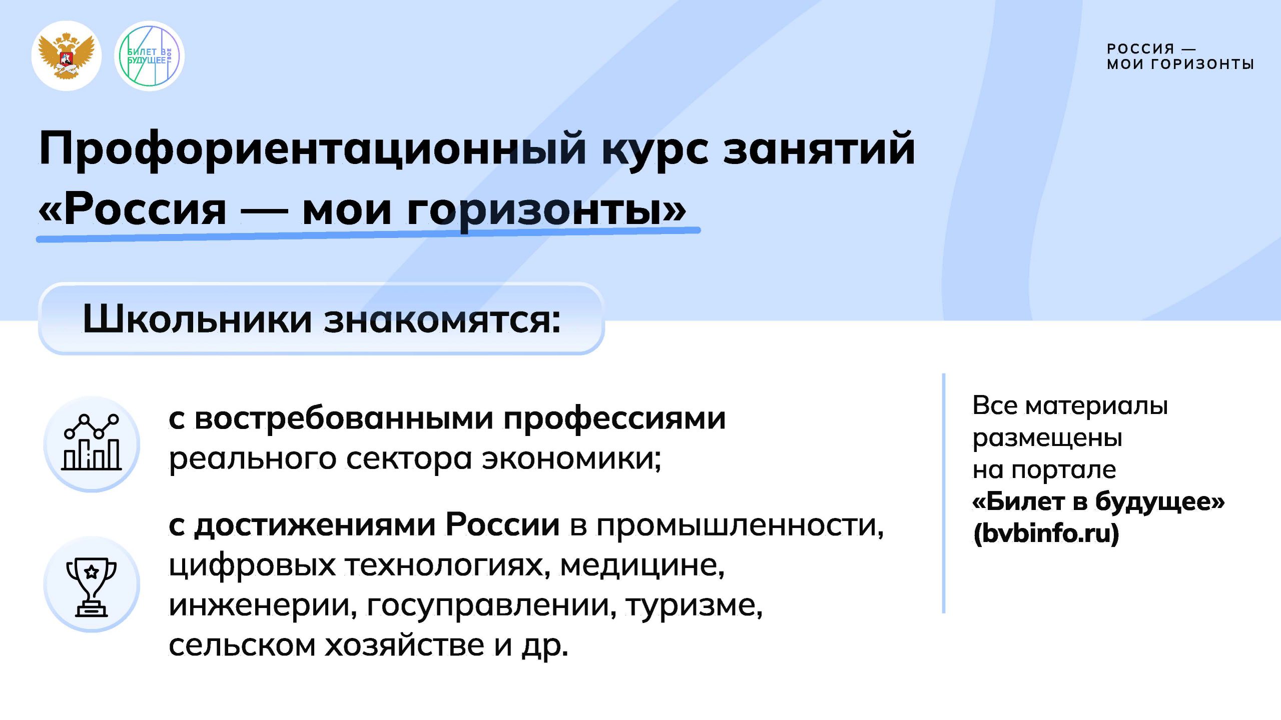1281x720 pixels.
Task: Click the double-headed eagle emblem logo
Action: point(67,55)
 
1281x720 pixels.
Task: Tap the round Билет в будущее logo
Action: point(149,55)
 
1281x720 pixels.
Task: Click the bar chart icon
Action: point(92,442)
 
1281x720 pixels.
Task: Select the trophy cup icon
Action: point(92,586)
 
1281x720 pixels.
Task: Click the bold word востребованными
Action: point(344,418)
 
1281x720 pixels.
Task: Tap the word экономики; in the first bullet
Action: point(571,459)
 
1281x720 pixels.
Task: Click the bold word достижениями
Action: point(315,526)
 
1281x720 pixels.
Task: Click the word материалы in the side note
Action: point(1096,406)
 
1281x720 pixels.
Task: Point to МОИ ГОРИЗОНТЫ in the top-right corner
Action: point(1180,64)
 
